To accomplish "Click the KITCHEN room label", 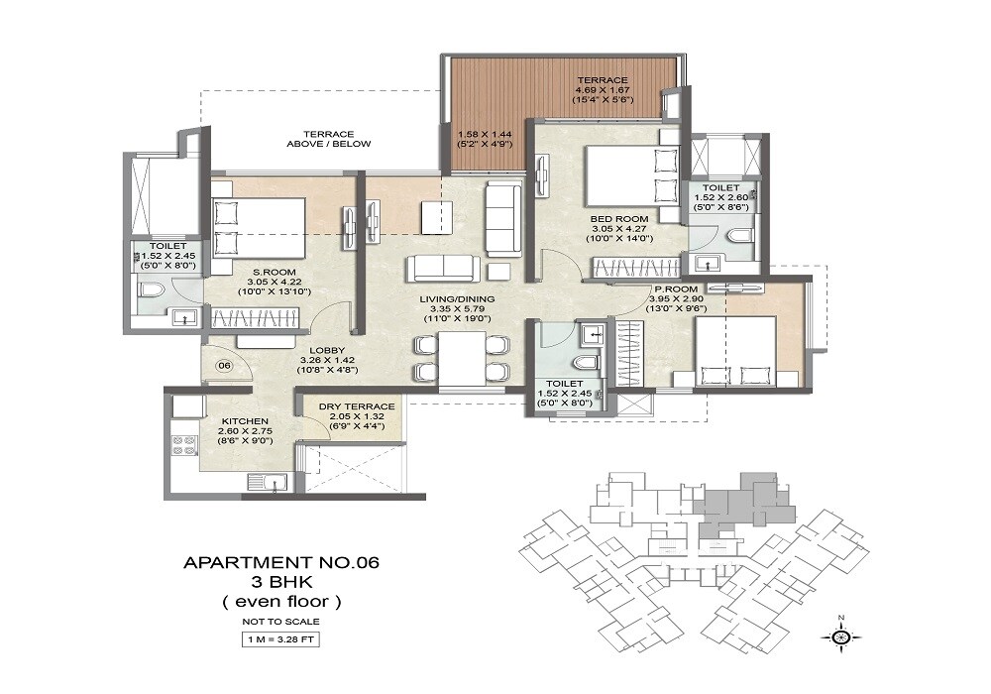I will (x=246, y=421).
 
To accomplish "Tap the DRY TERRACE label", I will (x=357, y=406).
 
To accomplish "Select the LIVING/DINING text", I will (x=456, y=298).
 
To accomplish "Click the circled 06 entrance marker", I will (x=225, y=365).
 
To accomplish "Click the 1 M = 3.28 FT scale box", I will (x=281, y=638).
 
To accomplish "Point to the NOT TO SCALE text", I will (x=281, y=621).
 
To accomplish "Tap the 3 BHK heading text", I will (x=281, y=582).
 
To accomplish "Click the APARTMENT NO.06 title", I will (x=281, y=563).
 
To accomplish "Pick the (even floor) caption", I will (x=281, y=601).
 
